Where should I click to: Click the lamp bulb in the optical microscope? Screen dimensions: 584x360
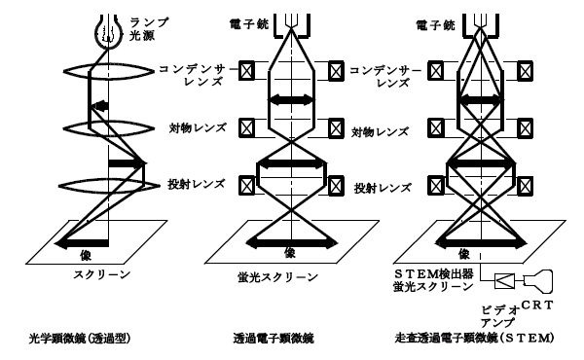(108, 32)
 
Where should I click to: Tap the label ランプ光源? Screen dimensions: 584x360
(148, 29)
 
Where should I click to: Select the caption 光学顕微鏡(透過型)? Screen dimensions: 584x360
(80, 338)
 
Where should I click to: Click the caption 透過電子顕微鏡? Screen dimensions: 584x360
(274, 338)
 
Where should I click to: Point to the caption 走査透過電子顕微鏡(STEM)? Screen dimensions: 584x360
(475, 338)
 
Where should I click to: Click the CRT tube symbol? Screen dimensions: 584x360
(538, 281)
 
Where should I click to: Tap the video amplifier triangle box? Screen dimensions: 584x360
(504, 281)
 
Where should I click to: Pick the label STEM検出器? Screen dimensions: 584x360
(433, 274)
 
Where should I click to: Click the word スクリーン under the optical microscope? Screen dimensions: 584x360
(101, 274)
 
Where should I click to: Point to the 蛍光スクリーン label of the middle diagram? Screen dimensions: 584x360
(277, 277)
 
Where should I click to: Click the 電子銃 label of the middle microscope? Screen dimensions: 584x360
(249, 24)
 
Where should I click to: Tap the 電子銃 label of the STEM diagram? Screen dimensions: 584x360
(435, 25)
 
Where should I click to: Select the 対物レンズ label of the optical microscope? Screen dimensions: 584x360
(198, 128)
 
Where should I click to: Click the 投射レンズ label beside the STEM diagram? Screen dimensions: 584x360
(383, 188)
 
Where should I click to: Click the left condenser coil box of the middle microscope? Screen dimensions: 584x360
(246, 71)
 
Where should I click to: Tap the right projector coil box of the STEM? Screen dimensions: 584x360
(525, 186)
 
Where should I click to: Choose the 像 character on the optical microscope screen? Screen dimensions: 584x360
(86, 255)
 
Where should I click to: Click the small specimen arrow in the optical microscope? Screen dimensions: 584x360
(99, 106)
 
